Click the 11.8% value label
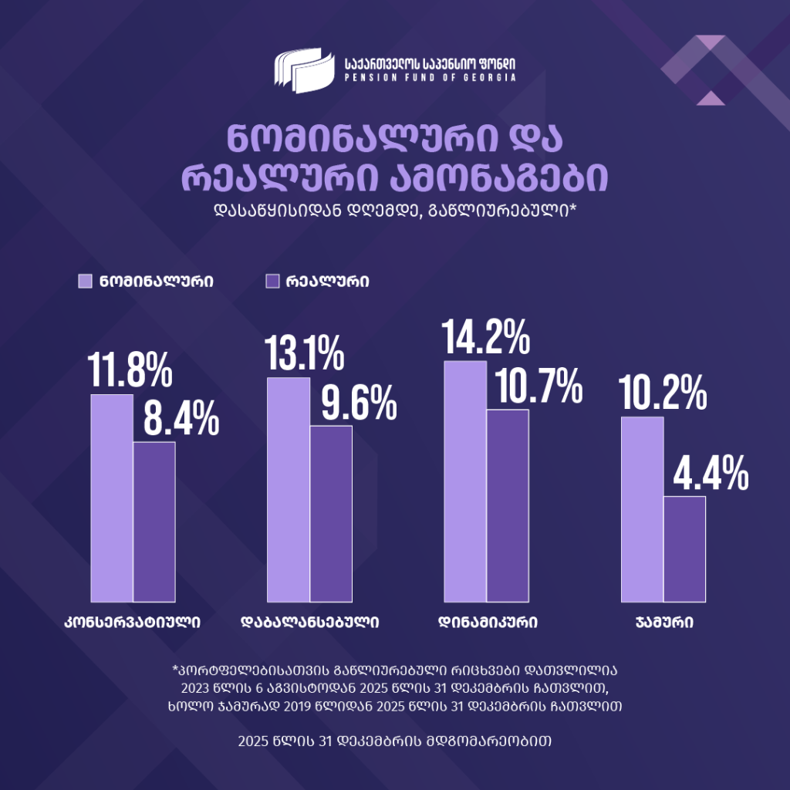pyautogui.click(x=130, y=370)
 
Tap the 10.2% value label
pyautogui.click(x=663, y=393)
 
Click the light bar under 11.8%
pyautogui.click(x=112, y=498)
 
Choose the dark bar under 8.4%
pyautogui.click(x=154, y=522)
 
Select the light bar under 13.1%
pyautogui.click(x=289, y=489)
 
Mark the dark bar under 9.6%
pyautogui.click(x=331, y=513)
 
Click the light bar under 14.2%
pyautogui.click(x=466, y=481)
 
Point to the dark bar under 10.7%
pyautogui.click(x=508, y=505)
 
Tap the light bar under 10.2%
pyautogui.click(x=642, y=509)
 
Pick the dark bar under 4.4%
pyautogui.click(x=684, y=549)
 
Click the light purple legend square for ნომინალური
pyautogui.click(x=86, y=281)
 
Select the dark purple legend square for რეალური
pyautogui.click(x=272, y=281)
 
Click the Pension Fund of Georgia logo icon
pyautogui.click(x=304, y=69)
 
